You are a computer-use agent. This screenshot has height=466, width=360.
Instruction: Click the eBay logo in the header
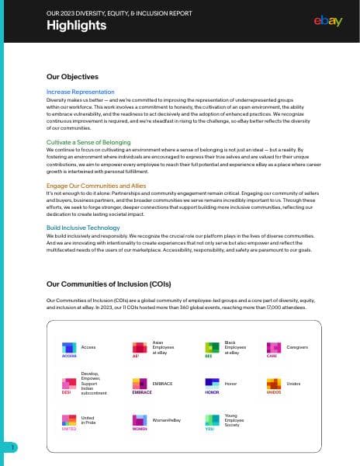328,21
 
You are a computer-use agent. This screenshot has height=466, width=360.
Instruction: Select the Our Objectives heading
72,77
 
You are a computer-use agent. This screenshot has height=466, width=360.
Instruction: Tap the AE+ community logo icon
140,346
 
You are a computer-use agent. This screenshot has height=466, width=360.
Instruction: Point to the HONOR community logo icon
211,384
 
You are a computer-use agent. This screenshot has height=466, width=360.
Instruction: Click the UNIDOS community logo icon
274,384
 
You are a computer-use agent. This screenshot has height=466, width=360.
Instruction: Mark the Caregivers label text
298,346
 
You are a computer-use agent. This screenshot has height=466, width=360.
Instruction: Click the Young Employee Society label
235,420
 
